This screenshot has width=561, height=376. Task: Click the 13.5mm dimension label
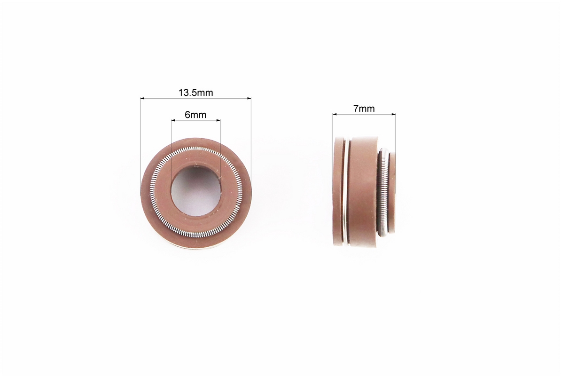coord(196,93)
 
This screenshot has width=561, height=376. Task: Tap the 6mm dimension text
coord(195,115)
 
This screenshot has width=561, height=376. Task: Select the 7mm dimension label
coord(364,109)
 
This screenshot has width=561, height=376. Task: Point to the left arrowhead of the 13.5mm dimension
coord(142,98)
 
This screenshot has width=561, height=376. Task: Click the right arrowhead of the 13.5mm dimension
coord(249,98)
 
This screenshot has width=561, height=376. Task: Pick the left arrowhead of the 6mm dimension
coord(173,121)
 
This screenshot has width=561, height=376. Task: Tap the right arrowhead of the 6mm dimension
coord(218,121)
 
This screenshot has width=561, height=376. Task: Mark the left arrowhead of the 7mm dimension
coord(335,115)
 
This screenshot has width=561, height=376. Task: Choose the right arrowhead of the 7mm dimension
coord(393,115)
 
